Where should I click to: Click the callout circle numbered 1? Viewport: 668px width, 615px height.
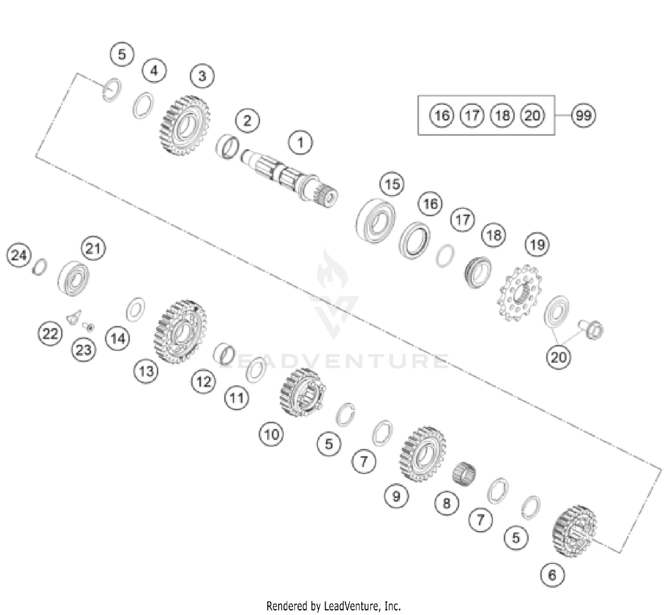(300, 143)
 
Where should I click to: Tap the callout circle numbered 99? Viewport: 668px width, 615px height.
(583, 115)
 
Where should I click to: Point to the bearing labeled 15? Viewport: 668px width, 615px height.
(376, 220)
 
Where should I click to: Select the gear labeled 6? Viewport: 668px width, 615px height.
(574, 531)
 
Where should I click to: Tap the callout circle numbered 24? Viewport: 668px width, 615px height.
(19, 256)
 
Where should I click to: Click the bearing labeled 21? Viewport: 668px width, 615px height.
(73, 278)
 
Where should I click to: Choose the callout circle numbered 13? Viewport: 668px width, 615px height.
(146, 371)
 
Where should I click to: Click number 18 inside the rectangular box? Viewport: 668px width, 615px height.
(502, 115)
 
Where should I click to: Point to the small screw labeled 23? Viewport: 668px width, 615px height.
(89, 327)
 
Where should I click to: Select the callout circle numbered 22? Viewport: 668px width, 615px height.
(50, 334)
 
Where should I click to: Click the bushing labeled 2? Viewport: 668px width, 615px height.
(228, 147)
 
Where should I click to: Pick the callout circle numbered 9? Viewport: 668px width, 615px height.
(396, 496)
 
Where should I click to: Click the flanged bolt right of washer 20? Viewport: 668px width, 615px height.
(592, 330)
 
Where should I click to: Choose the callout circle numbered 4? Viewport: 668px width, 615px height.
(154, 71)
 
